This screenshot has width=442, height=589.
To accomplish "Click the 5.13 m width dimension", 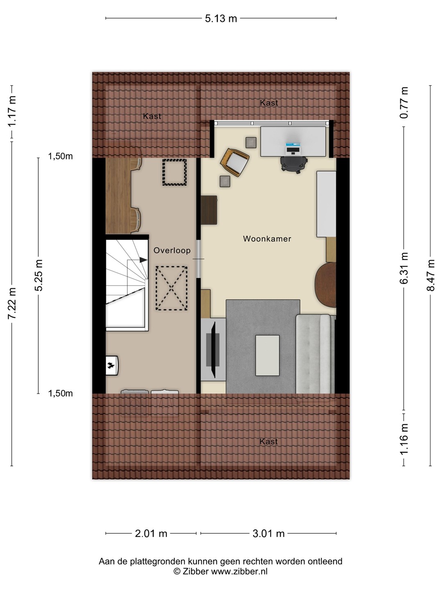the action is (221, 18).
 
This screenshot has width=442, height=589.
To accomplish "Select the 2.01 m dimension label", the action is (151, 533).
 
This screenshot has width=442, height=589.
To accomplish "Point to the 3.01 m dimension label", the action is (268, 533).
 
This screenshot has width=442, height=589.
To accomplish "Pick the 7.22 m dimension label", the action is (12, 303).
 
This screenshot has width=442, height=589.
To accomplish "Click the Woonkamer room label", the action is (267, 238).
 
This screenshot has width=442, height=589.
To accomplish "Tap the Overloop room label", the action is (172, 250).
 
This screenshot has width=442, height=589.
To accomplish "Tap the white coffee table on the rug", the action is (267, 355).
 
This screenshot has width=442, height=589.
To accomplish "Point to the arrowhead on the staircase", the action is (144, 260).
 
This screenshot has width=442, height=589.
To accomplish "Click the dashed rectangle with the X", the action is (172, 288).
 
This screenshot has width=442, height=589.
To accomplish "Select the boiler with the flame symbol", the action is (112, 365).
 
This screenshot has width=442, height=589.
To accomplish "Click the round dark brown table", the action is (325, 285).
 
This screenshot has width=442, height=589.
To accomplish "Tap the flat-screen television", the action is (213, 350).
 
